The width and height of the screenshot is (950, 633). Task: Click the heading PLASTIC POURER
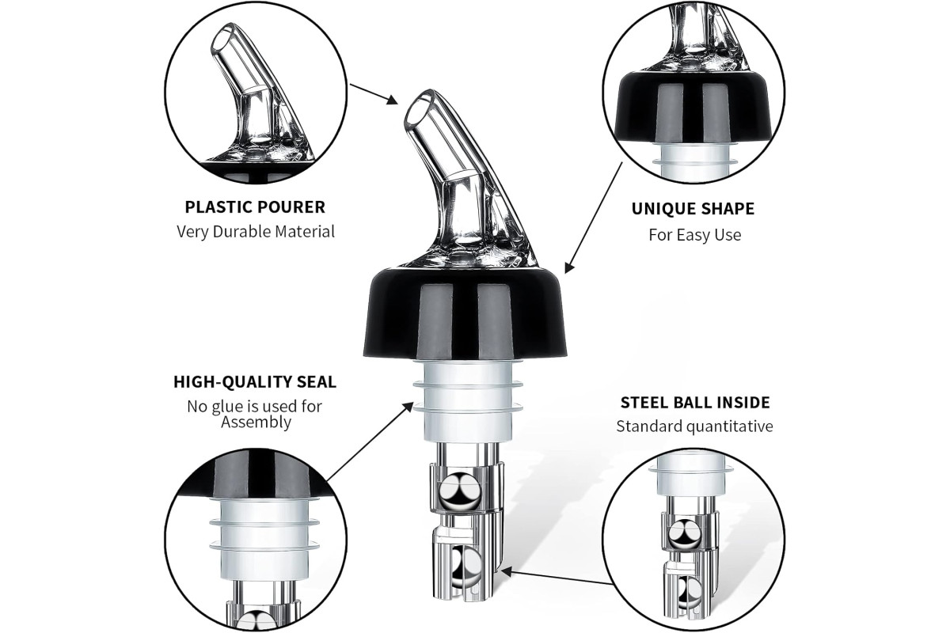(x=255, y=207)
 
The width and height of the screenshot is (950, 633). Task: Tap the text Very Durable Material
(x=255, y=232)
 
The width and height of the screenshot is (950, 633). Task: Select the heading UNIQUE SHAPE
(x=693, y=209)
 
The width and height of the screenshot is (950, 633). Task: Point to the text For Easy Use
(x=695, y=234)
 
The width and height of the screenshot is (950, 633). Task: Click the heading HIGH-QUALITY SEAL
(x=255, y=381)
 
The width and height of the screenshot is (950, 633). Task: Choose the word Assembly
(x=256, y=423)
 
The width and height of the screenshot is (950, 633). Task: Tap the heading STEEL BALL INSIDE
(x=695, y=402)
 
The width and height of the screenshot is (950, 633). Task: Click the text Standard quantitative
(x=695, y=426)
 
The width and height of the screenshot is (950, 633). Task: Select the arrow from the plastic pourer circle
(x=373, y=93)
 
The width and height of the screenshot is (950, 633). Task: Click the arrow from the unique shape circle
(x=593, y=218)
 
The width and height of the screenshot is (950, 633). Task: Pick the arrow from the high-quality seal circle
(x=370, y=442)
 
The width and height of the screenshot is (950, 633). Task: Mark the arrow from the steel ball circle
(x=556, y=578)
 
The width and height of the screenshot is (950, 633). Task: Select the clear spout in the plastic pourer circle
(x=258, y=93)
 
